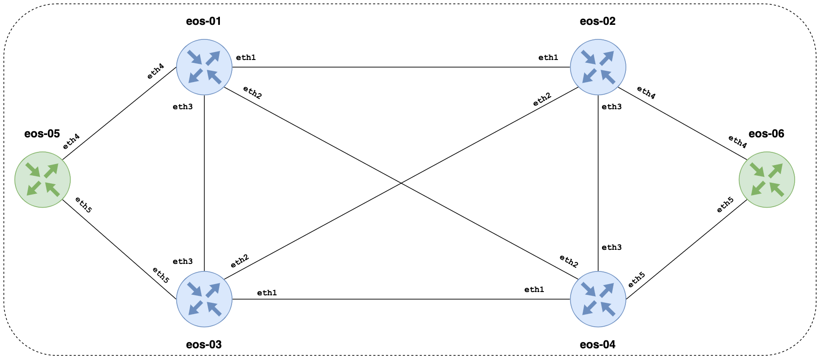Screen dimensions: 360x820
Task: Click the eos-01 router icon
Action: point(204,67)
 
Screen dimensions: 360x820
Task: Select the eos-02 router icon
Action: point(598,67)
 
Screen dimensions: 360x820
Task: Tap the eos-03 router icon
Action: point(204,299)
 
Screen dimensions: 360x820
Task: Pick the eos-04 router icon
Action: point(598,299)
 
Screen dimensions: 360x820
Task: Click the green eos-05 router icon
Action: point(43,180)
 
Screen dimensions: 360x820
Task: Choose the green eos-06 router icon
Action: point(767,180)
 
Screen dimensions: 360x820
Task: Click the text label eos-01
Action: point(203,21)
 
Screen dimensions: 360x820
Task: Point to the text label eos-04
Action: point(597,345)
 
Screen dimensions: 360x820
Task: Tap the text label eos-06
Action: point(766,134)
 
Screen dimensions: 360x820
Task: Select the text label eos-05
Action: point(42,134)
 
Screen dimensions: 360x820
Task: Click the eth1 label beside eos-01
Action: point(246,58)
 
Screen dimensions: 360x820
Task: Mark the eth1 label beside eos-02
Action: point(548,58)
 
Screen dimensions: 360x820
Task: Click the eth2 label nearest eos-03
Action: point(239,261)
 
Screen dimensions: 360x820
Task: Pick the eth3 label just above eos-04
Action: point(611,247)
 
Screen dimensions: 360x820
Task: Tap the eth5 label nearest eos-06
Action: point(725,205)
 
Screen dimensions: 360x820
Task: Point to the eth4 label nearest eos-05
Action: point(71,142)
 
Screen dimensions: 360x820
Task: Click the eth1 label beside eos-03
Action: point(267,293)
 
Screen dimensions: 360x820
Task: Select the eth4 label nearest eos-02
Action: point(646,93)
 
